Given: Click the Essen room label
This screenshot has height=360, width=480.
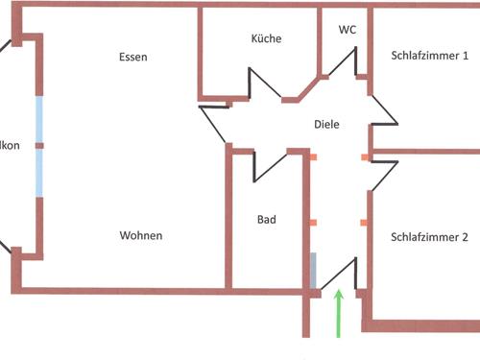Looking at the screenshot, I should (133, 57).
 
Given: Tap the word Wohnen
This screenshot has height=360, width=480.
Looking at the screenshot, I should (141, 235).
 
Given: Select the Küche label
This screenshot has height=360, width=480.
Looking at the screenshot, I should (266, 39).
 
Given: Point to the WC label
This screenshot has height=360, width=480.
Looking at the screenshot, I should (348, 30).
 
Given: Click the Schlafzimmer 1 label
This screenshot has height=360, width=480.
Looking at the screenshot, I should (430, 56).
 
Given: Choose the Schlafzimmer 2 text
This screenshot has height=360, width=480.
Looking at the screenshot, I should (430, 237).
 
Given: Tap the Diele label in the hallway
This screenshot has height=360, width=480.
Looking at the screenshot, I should (327, 124).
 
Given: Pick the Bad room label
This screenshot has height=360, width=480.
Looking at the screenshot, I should (267, 220).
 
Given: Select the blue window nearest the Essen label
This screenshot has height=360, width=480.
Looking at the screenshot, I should (39, 118).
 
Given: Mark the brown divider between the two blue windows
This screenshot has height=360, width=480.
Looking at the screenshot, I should (39, 146).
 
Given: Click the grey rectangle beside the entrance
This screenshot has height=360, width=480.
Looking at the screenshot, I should (313, 270).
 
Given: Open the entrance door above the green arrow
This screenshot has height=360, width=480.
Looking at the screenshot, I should (339, 273).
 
